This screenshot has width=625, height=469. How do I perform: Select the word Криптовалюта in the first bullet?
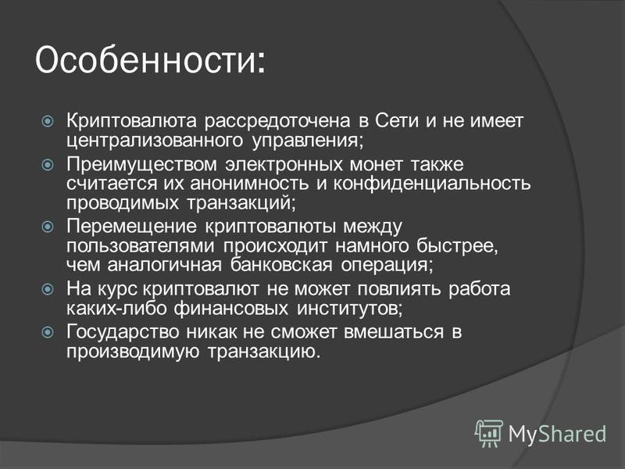pyautogui.click(x=131, y=121)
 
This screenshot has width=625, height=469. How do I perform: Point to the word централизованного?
pyautogui.click(x=154, y=141)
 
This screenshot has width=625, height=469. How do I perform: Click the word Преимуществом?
pyautogui.click(x=141, y=164)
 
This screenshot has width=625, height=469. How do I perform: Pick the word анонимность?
pyautogui.click(x=249, y=184)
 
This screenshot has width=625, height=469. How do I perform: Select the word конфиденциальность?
pyautogui.click(x=432, y=184)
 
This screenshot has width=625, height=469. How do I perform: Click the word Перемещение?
pyautogui.click(x=131, y=227)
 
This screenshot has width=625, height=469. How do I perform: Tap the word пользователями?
pyautogui.click(x=141, y=245)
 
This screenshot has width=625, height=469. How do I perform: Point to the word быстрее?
pyautogui.click(x=458, y=245)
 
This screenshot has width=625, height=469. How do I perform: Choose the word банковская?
pyautogui.click(x=281, y=265)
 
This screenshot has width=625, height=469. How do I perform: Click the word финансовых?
pyautogui.click(x=230, y=308)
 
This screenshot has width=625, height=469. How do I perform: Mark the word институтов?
pyautogui.click(x=349, y=309)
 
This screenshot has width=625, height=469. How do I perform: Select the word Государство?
pyautogui.click(x=123, y=331)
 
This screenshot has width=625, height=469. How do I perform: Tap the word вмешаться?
pyautogui.click(x=394, y=331)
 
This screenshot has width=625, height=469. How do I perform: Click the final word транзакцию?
pyautogui.click(x=264, y=352)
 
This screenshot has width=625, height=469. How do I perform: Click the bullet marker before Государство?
pyautogui.click(x=48, y=331)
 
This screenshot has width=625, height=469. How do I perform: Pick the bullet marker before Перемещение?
pyautogui.click(x=48, y=227)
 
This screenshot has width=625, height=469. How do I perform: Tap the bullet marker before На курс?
pyautogui.click(x=48, y=288)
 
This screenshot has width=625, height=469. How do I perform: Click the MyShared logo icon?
pyautogui.click(x=489, y=434)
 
